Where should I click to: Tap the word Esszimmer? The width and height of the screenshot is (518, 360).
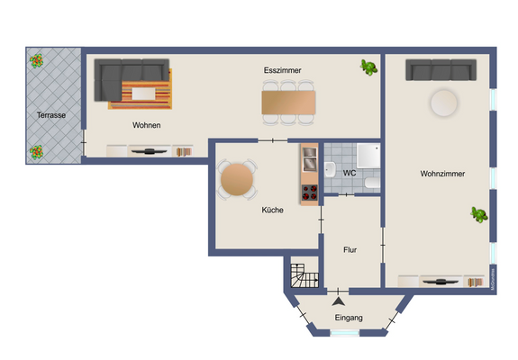282,69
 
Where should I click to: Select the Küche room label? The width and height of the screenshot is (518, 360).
272,210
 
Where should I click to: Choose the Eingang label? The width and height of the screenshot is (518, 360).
348,319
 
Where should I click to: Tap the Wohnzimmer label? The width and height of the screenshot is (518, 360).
441,174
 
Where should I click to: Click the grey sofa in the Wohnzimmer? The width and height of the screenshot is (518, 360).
440,70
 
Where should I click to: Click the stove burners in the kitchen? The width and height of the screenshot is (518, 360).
309,191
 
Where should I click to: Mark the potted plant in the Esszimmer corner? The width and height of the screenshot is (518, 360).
368,67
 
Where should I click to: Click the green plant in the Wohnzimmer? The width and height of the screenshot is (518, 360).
479,214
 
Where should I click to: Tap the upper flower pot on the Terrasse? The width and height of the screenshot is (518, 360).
36,61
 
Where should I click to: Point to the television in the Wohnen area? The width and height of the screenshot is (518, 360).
147,150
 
